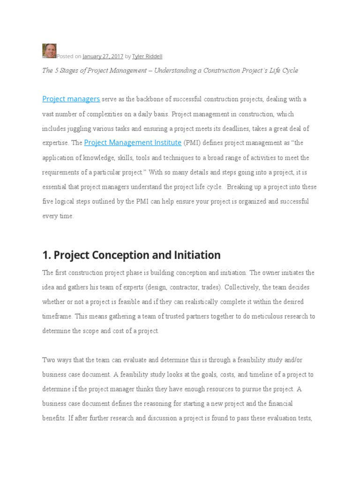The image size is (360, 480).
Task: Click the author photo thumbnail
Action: pos(49,51)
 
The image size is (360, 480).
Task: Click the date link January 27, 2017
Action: pos(103,56)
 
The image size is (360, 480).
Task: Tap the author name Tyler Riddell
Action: pos(147,56)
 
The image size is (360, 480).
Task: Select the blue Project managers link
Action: pos(71,99)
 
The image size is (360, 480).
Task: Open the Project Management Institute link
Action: pos(133,142)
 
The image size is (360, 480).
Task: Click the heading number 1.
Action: pos(46,255)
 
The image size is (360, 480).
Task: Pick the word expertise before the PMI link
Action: pos(56,143)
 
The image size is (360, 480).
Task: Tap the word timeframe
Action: pos(57,316)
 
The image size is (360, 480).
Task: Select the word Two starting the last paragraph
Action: pos(49,360)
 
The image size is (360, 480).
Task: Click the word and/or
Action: pos(304,360)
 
